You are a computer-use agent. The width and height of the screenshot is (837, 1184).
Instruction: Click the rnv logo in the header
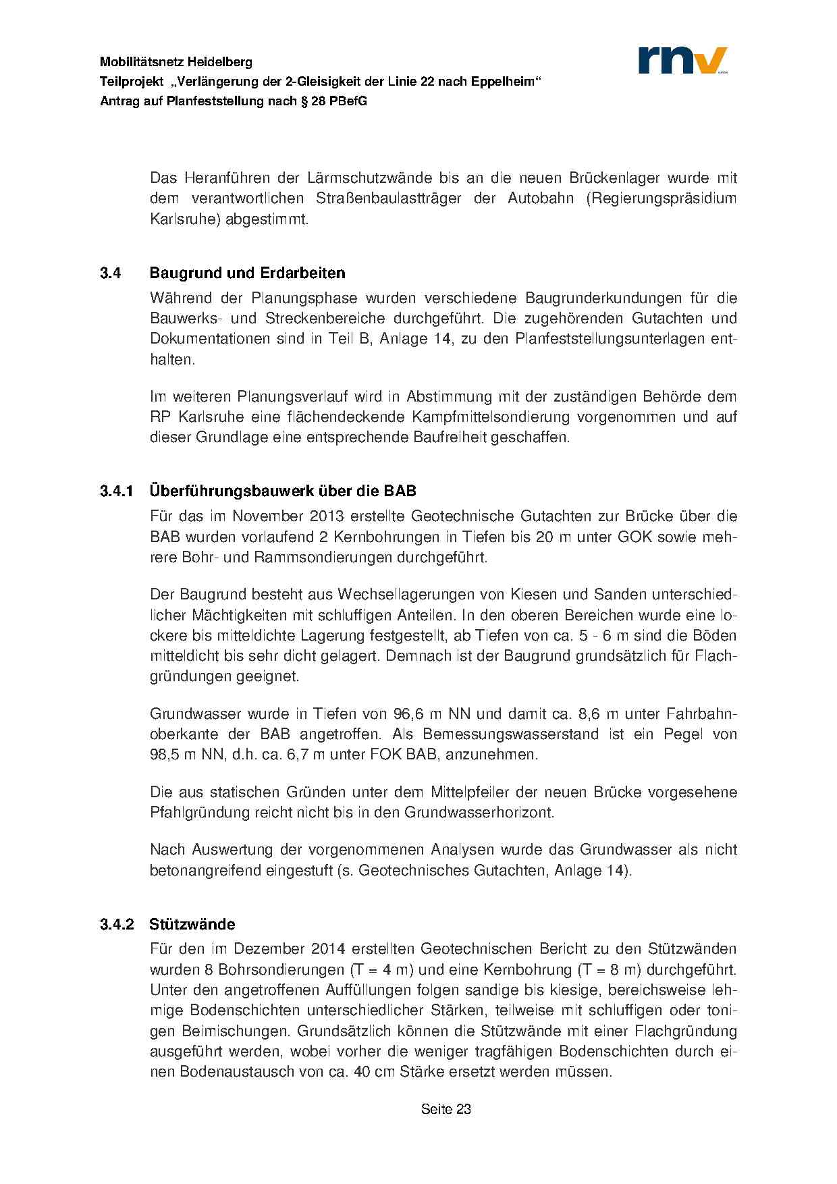682,60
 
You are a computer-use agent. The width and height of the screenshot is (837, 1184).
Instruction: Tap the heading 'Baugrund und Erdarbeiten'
247,273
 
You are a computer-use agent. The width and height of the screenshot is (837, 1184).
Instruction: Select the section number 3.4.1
117,490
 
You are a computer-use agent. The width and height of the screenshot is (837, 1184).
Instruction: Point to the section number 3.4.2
117,923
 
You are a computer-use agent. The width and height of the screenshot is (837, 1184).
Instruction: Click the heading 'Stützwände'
192,923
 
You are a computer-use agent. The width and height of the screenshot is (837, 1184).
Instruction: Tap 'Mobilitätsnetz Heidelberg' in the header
176,62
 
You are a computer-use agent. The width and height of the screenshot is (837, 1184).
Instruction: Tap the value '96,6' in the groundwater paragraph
407,714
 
